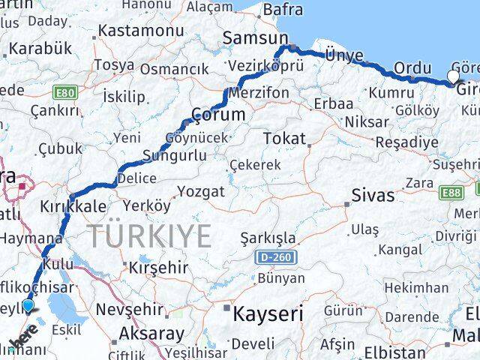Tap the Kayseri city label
tap(267, 313)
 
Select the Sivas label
tap(373, 196)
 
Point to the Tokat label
tap(284, 139)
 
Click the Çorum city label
tap(218, 115)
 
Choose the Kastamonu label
tap(141, 31)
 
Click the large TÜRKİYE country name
tap(151, 237)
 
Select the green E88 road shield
tap(452, 193)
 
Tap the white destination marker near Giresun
tap(454, 76)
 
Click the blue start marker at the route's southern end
tap(28, 305)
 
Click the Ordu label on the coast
tap(412, 67)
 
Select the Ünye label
tap(344, 55)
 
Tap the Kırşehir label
tap(158, 267)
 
